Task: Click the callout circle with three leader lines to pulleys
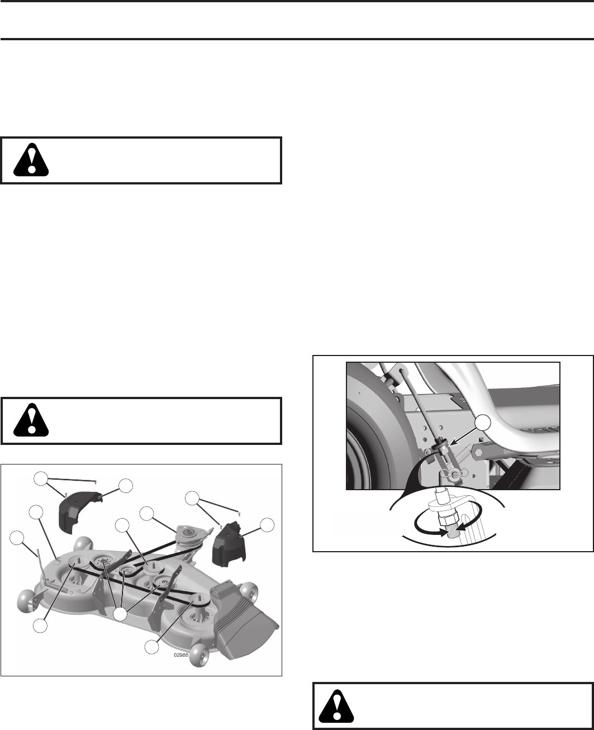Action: click(121, 614)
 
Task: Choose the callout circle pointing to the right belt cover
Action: click(268, 524)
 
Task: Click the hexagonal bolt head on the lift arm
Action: click(481, 449)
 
